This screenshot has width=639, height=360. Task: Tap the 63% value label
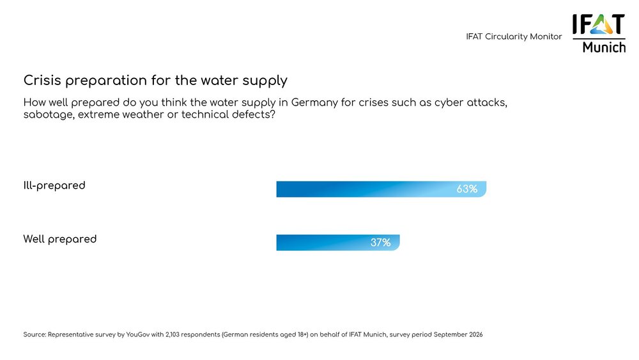(x=466, y=189)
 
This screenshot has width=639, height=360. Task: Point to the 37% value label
(x=380, y=242)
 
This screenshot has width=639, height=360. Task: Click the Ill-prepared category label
(x=54, y=185)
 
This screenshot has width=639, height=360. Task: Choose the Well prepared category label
(x=60, y=239)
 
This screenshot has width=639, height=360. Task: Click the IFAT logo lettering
(x=599, y=24)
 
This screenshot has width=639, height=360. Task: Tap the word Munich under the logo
(x=604, y=47)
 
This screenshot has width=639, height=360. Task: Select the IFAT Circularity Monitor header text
(x=514, y=37)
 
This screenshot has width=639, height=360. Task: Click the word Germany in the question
(x=316, y=102)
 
